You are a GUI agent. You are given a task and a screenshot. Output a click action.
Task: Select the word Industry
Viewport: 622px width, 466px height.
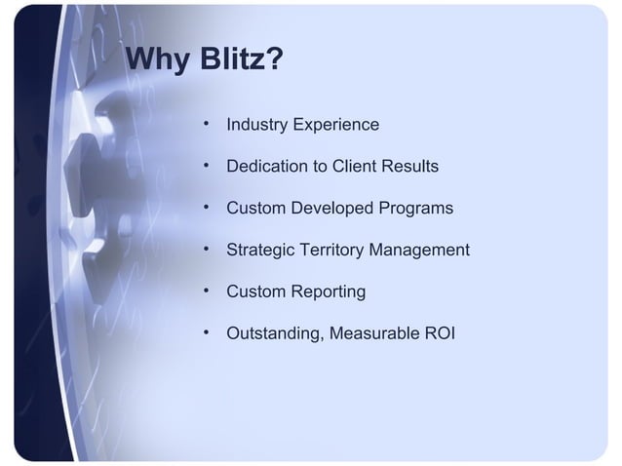pos(255,126)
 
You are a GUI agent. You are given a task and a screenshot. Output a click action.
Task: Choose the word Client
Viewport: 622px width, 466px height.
pos(355,168)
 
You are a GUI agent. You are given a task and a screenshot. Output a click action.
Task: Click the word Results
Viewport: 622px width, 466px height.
pos(410,168)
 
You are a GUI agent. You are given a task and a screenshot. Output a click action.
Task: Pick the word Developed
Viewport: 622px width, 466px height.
pos(329,210)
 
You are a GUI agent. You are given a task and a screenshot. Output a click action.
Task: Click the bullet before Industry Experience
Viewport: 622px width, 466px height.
pos(207,126)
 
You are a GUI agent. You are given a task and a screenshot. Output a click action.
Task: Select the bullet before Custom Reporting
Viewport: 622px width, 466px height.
pos(207,291)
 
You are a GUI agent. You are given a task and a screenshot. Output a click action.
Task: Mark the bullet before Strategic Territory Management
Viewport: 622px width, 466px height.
pos(207,250)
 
